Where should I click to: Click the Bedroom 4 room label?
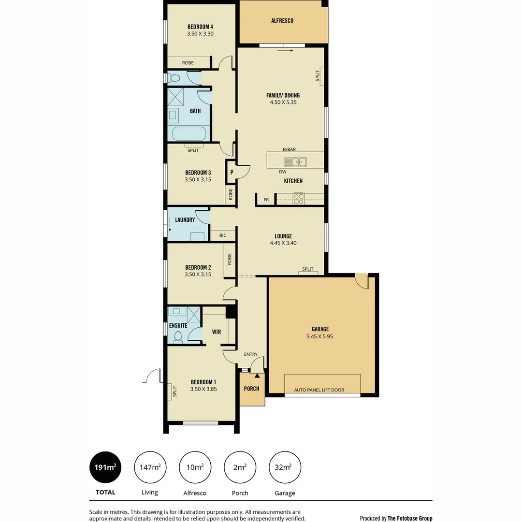[200, 27]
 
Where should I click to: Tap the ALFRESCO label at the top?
[282, 21]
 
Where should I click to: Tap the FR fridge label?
[266, 200]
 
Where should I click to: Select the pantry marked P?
[232, 172]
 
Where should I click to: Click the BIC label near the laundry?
[223, 235]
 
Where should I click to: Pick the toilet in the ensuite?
[177, 337]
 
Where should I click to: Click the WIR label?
[216, 332]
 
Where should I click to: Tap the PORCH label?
[251, 389]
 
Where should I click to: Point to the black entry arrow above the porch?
[257, 375]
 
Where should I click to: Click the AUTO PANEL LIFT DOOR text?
[319, 390]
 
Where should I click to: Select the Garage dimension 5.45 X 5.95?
[320, 336]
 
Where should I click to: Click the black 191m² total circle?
[105, 467]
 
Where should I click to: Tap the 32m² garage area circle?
[285, 467]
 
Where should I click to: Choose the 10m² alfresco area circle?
[195, 467]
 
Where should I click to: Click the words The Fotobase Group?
[410, 518]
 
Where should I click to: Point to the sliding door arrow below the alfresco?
[286, 50]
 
